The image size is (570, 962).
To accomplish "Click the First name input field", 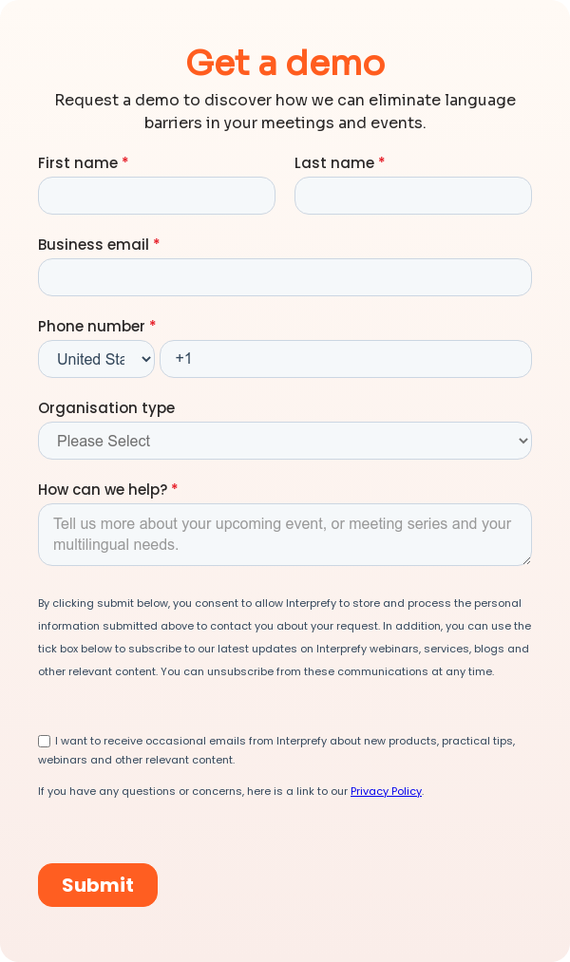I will click(157, 196).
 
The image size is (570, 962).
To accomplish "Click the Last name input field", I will click(413, 196).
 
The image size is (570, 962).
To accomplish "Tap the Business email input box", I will click(285, 277).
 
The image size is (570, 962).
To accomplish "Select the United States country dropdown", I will click(96, 359).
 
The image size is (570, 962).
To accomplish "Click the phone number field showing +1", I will click(346, 359).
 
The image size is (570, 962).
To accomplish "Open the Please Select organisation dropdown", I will click(285, 441).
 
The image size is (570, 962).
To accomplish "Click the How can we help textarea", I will click(285, 535).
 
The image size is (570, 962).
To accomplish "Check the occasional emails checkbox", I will click(45, 741).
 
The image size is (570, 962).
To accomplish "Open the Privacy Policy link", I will click(386, 791).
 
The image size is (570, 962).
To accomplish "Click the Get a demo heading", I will click(285, 63).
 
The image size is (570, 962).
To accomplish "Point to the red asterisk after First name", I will click(125, 162).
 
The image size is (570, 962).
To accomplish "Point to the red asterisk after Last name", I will click(382, 162).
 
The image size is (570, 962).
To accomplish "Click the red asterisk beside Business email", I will click(157, 244).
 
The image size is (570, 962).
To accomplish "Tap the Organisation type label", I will click(106, 407).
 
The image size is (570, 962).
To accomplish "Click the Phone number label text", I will click(91, 326).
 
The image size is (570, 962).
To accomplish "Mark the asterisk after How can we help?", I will click(175, 489).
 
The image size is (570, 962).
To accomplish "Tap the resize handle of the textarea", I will click(525, 559).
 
